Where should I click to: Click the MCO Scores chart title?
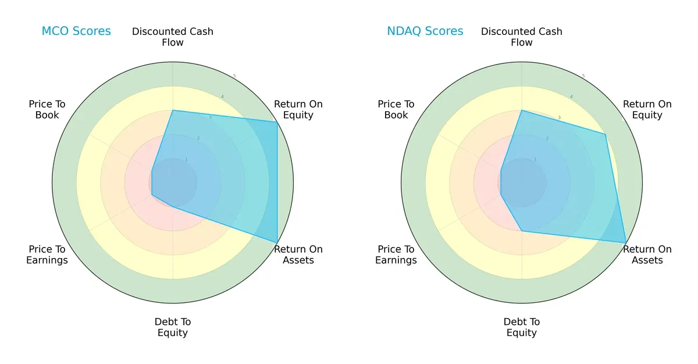(76, 31)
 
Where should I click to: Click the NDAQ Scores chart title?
(425, 31)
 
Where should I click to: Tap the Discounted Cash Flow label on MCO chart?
(173, 37)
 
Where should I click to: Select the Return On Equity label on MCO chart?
(298, 109)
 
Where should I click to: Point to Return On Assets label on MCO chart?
(298, 255)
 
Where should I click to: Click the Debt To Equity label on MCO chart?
(173, 327)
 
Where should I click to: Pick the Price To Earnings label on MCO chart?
(47, 255)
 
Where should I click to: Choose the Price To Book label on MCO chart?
(47, 109)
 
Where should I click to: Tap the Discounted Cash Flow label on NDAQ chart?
(522, 37)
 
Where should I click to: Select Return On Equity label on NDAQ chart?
(647, 109)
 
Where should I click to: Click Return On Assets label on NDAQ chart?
(647, 255)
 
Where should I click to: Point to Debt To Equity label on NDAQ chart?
(522, 327)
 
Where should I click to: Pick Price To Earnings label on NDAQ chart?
(396, 255)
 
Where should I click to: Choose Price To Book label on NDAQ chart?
(396, 109)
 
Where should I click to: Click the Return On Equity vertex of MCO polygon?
(277, 122)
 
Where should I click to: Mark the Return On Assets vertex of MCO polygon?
(277, 242)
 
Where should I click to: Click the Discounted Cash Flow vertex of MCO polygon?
(173, 110)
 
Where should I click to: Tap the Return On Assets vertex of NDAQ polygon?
(626, 242)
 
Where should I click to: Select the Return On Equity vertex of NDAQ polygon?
(606, 134)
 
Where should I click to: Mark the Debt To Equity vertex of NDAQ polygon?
(522, 231)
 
